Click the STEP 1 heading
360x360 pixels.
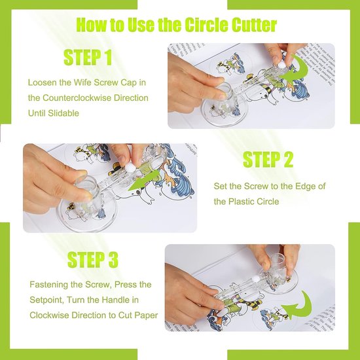[x=88, y=58]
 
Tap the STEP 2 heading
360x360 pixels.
[x=268, y=159]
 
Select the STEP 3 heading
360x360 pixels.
[x=93, y=260]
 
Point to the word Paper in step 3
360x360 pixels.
[x=146, y=315]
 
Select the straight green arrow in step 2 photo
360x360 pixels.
[x=143, y=181]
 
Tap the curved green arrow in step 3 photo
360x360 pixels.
[x=300, y=306]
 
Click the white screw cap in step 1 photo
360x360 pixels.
[x=282, y=66]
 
